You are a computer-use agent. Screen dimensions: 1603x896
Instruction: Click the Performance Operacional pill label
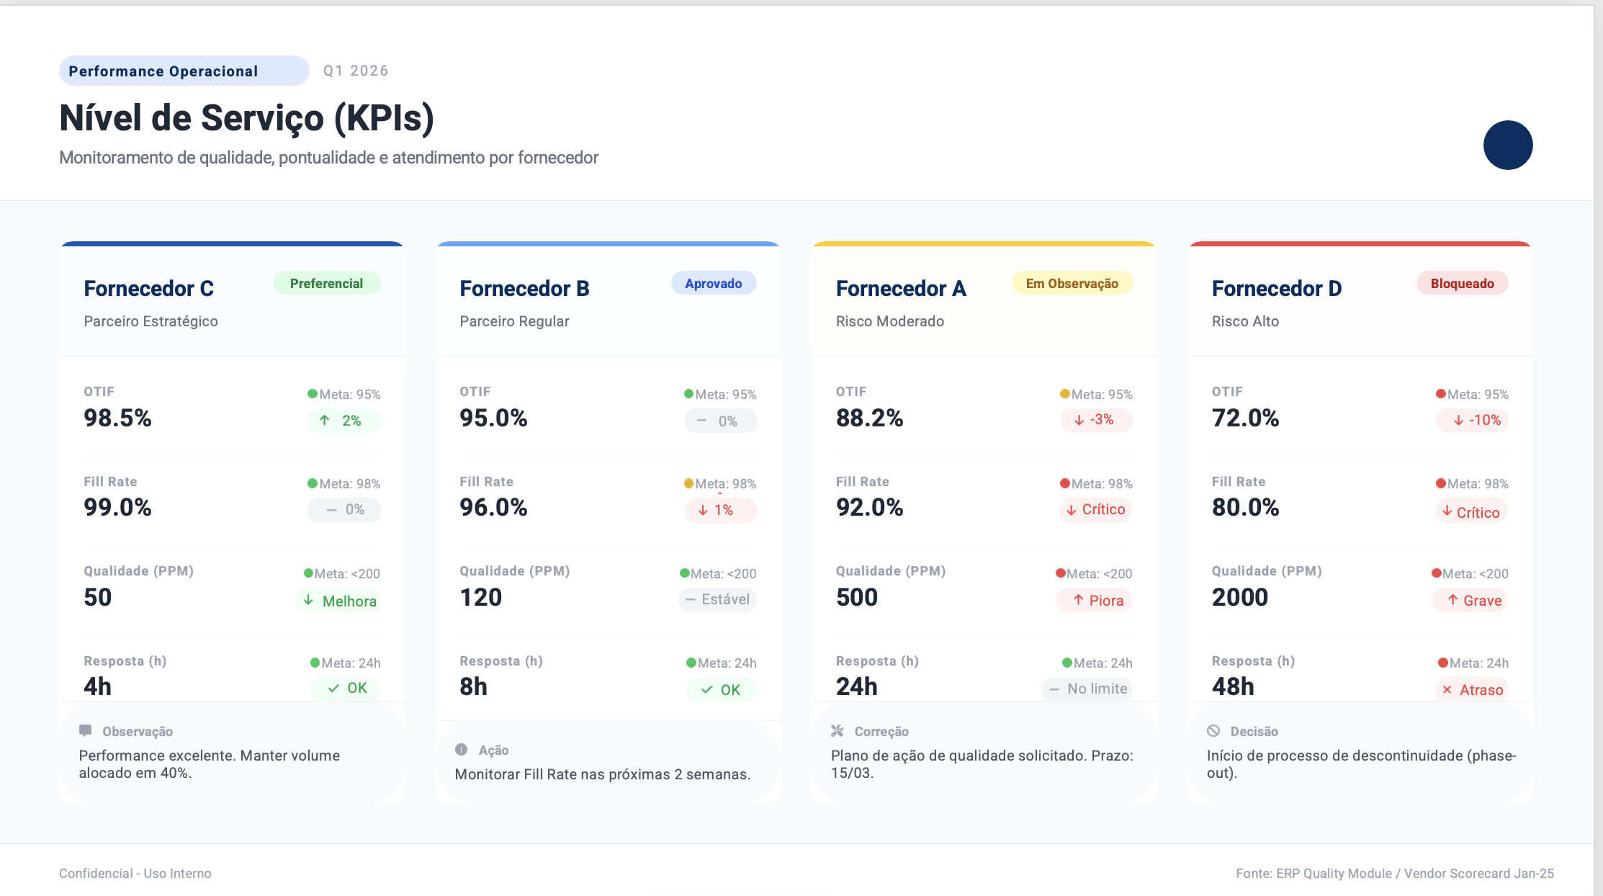click(184, 71)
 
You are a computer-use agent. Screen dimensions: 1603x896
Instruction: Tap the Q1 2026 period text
click(356, 71)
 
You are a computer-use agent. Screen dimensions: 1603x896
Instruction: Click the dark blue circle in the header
click(1508, 145)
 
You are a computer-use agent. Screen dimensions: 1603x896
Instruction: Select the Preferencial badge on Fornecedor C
click(326, 283)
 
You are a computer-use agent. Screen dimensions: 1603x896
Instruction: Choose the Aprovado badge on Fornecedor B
click(714, 283)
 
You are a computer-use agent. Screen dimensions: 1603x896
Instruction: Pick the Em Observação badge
click(1072, 283)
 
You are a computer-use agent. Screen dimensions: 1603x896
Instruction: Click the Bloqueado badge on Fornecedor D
click(1462, 283)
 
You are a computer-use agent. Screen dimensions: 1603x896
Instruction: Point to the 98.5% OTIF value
click(117, 418)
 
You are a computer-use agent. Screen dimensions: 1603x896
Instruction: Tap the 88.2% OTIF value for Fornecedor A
click(869, 418)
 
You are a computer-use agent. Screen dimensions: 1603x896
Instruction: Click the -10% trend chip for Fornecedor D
click(1472, 420)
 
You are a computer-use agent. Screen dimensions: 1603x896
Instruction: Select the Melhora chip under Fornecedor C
click(338, 601)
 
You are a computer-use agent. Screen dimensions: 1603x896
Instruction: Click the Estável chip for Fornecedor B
click(717, 599)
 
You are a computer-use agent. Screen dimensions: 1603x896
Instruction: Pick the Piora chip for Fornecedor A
click(1094, 600)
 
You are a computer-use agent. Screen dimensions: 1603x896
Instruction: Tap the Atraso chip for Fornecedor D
click(1472, 689)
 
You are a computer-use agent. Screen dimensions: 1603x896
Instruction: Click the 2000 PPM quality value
click(1239, 597)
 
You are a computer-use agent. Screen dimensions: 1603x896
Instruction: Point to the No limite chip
click(1087, 689)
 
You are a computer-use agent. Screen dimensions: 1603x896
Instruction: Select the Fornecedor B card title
click(524, 288)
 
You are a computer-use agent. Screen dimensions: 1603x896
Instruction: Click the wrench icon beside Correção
click(837, 730)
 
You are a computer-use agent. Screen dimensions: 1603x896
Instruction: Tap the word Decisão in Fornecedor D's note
click(1254, 731)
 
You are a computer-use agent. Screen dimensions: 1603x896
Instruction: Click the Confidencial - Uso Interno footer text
click(135, 873)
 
